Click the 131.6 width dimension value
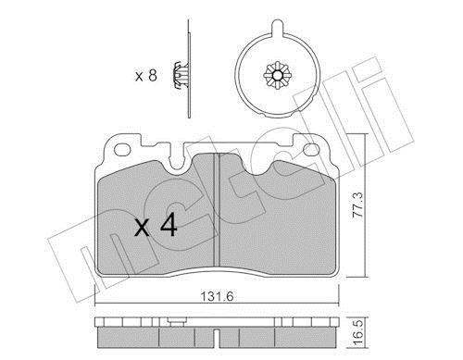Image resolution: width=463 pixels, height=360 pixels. click(x=218, y=296)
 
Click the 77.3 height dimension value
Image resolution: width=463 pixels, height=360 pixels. click(x=358, y=205)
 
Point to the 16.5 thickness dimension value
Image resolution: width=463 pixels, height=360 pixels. click(x=358, y=333)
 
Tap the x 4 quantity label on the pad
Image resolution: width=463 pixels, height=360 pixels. click(x=156, y=226)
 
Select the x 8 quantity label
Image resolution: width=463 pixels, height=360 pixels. click(x=146, y=76)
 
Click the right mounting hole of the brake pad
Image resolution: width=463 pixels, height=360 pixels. click(x=311, y=150)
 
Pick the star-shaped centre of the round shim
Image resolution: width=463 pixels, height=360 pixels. click(x=278, y=75)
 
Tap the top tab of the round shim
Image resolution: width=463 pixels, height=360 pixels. click(x=277, y=28)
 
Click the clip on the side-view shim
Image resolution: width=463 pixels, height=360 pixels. click(x=181, y=76)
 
